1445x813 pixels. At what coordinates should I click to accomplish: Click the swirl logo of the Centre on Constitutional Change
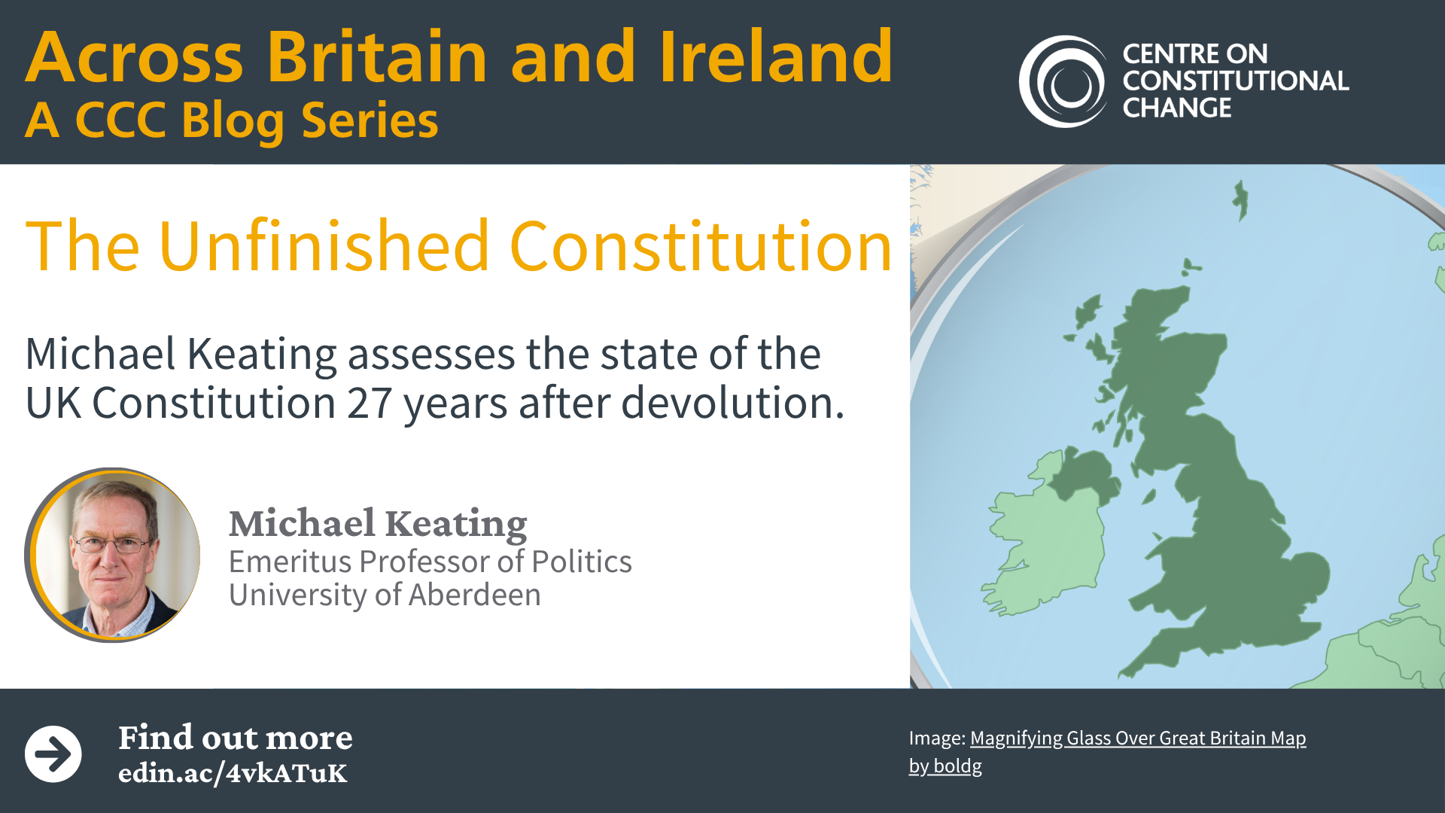tap(1063, 81)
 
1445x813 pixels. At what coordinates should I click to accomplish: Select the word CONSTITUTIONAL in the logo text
tap(1235, 81)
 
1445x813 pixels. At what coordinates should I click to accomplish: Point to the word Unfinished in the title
tap(324, 246)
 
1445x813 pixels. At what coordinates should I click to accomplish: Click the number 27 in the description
tap(369, 403)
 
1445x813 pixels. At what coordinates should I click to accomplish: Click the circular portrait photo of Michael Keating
tap(113, 555)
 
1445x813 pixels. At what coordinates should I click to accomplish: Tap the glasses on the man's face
tap(111, 544)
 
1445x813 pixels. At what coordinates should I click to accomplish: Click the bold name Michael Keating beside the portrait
tap(378, 524)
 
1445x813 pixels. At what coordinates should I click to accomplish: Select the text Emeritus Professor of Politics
tap(430, 562)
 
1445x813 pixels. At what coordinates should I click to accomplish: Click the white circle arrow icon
tap(53, 754)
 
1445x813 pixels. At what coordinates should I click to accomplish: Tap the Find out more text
tap(236, 738)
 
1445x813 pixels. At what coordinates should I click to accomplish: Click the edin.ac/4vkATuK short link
tap(233, 773)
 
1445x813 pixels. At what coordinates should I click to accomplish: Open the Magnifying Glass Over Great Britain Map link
tap(1138, 738)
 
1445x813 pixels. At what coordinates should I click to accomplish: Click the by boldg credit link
tap(945, 766)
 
